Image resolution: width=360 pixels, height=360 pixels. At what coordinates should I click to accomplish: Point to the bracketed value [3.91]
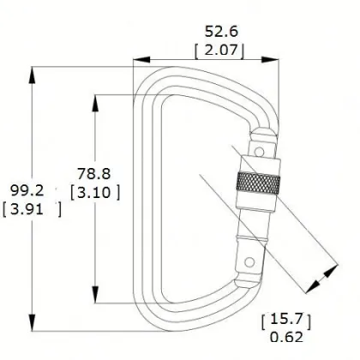click(x=32, y=207)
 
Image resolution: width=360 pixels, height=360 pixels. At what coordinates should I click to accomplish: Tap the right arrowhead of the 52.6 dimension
click(x=275, y=59)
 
